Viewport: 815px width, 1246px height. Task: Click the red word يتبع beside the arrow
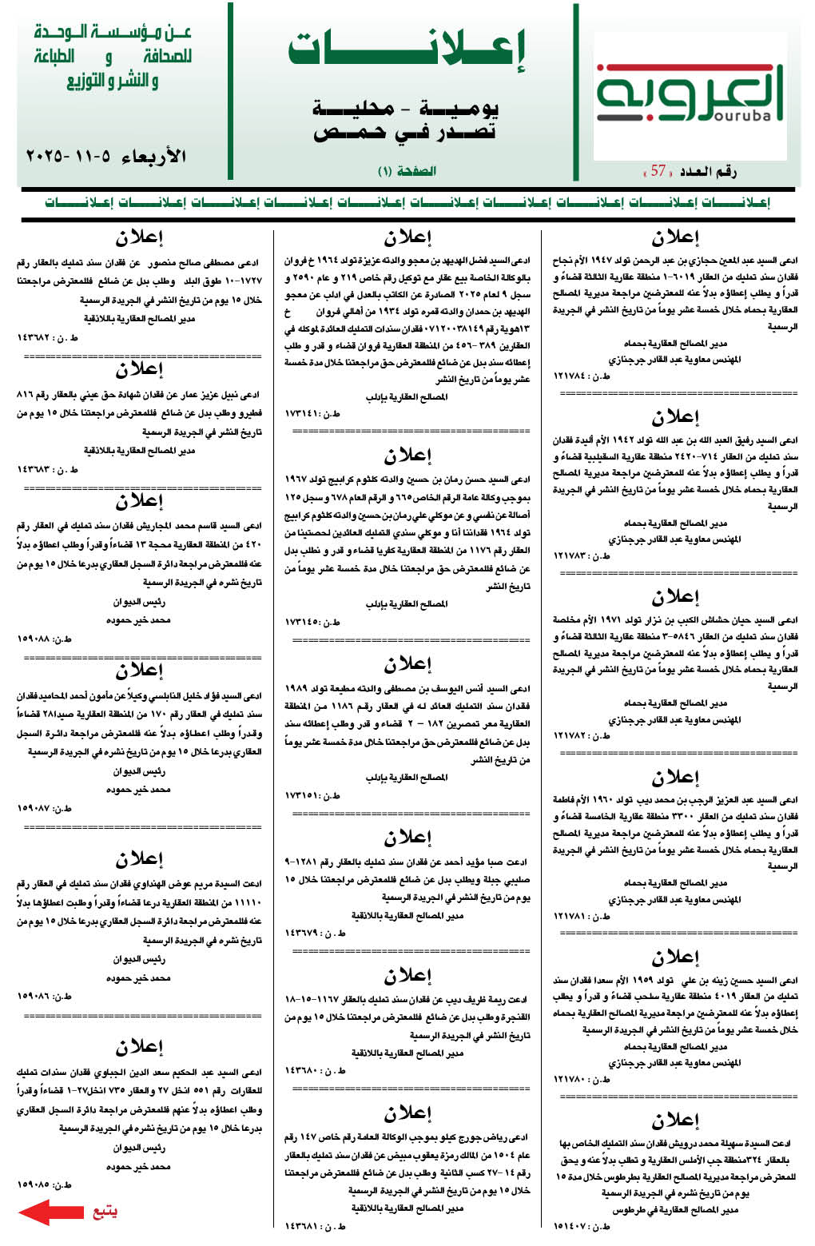click(105, 1212)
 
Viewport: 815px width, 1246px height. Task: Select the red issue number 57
click(658, 170)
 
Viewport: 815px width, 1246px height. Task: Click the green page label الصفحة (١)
click(407, 171)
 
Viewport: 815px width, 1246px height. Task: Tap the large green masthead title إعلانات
click(407, 50)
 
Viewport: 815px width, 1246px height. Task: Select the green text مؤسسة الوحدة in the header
click(112, 33)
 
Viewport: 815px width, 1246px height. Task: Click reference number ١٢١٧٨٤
click(581, 376)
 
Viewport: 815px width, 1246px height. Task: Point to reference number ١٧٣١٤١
click(312, 413)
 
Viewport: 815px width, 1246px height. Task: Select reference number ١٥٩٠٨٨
click(45, 639)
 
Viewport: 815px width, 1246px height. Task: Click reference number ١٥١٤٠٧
click(581, 1225)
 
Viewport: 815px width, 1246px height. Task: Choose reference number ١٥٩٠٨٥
click(45, 1184)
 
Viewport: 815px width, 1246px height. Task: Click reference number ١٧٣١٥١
click(312, 795)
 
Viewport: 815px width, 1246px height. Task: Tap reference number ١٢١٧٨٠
click(581, 1079)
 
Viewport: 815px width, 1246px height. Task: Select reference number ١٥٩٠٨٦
click(45, 997)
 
